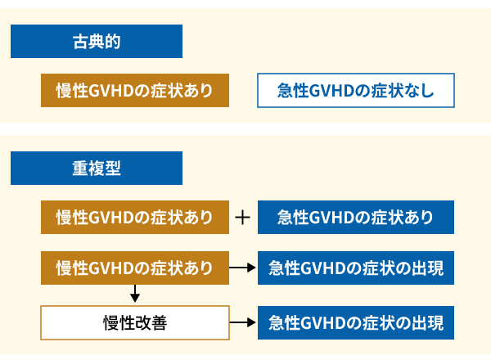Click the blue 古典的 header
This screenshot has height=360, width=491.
[97, 41]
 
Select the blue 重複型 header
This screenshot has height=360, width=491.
[97, 168]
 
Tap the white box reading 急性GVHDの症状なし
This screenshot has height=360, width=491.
[355, 91]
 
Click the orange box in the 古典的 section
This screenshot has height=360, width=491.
[135, 91]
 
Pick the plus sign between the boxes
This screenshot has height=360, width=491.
[242, 218]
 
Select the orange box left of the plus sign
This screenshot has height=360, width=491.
[135, 218]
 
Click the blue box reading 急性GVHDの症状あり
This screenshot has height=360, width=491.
[355, 218]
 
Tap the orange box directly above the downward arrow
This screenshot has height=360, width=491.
[135, 268]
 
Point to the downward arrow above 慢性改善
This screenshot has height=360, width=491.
[135, 293]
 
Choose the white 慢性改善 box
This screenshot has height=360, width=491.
[135, 322]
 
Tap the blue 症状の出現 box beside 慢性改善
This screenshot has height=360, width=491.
[355, 322]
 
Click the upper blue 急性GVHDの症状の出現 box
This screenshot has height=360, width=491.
[355, 268]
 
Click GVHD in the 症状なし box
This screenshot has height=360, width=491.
[328, 91]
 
